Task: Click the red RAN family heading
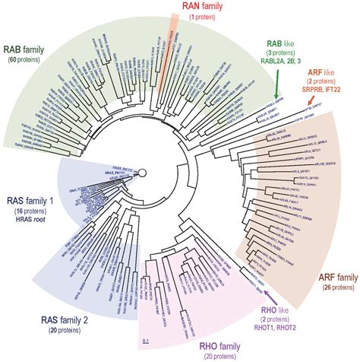point(180,6)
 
